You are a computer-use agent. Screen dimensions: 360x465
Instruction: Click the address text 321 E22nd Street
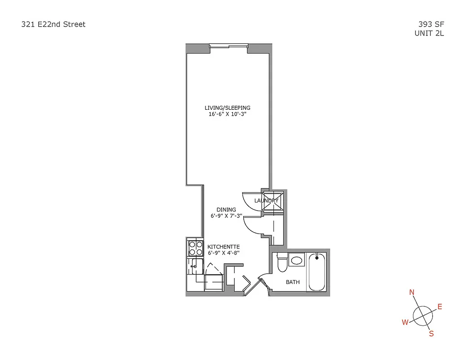coord(53,24)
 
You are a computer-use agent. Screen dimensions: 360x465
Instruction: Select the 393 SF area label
coord(430,25)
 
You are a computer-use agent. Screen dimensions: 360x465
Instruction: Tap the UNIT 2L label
coord(429,33)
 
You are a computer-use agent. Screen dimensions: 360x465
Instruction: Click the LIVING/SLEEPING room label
coord(227,108)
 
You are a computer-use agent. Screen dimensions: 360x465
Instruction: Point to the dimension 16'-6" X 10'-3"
coord(227,114)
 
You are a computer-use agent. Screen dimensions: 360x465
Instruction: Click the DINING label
coord(226,210)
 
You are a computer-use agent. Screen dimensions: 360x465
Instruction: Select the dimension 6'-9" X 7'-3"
coord(226,216)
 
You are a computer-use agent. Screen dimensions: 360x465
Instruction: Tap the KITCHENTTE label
coord(223,247)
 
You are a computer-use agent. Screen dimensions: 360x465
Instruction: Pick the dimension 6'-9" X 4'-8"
coord(223,253)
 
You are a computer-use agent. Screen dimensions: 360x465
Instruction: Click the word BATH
coord(293,283)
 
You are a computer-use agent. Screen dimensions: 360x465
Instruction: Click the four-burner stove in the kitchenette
coord(195,248)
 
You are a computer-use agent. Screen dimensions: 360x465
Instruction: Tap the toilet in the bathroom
coord(282,263)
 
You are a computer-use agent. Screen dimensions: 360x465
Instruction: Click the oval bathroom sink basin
coord(296,260)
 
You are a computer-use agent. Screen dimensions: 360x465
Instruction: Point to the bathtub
coord(317,272)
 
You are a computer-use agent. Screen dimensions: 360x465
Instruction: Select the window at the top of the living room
coord(228,45)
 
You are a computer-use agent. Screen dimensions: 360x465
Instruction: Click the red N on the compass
coord(411,292)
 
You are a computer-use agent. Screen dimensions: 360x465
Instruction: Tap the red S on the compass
coord(431,333)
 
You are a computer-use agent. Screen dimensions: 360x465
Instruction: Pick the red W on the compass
coord(405,322)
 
